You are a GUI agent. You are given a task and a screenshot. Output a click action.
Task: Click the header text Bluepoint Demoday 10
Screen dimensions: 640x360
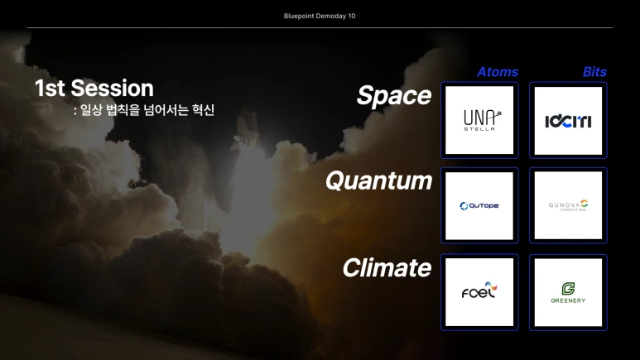(320, 16)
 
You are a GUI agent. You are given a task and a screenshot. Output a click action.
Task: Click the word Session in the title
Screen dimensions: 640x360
(113, 89)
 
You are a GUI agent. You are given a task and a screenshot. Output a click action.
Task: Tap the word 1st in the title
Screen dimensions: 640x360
(50, 89)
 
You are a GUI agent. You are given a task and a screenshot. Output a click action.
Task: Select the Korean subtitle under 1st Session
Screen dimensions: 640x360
(144, 110)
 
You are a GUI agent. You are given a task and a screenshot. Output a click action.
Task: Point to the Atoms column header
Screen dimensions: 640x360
(498, 72)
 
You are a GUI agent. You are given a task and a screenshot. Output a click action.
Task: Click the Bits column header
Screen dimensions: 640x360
(594, 72)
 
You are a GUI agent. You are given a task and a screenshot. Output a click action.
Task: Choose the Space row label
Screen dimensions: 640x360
(394, 95)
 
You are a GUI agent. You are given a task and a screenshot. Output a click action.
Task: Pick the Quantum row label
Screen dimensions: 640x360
(378, 180)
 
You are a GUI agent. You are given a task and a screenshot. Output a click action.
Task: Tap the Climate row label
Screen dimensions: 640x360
(387, 268)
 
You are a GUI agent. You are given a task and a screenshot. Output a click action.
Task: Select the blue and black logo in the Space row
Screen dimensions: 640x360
(568, 121)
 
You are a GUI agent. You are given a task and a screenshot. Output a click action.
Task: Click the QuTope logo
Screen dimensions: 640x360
(479, 206)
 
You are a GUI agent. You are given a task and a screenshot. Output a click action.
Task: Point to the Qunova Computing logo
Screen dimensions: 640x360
(568, 205)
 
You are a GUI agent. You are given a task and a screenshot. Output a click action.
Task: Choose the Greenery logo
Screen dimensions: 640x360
(568, 292)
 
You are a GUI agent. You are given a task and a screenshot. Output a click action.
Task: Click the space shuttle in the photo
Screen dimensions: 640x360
(246, 130)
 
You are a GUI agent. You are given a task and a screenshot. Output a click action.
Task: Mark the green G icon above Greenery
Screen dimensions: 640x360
(568, 289)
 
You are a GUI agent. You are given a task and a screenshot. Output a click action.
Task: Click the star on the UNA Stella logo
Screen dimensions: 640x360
(498, 114)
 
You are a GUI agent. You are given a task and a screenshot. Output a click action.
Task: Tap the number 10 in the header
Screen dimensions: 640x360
(352, 16)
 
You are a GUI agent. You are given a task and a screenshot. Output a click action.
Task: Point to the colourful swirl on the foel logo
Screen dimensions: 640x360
(492, 286)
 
